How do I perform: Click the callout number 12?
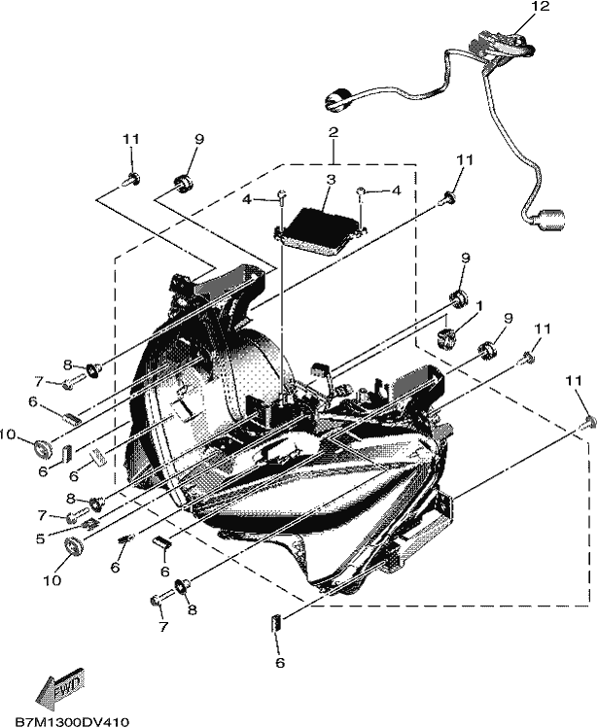click(542, 7)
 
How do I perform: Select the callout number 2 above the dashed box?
click(334, 132)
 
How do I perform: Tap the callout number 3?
click(330, 180)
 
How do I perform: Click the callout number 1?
click(479, 306)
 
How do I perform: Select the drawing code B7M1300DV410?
click(72, 721)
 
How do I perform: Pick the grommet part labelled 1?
click(446, 336)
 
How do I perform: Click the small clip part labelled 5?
click(91, 524)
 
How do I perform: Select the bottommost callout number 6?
click(279, 663)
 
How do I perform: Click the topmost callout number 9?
click(199, 139)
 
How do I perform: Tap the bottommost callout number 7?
click(163, 627)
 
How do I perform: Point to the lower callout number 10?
click(53, 580)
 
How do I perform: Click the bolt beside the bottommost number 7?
click(161, 598)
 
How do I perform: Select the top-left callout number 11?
click(131, 139)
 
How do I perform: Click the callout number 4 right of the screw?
click(396, 191)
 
